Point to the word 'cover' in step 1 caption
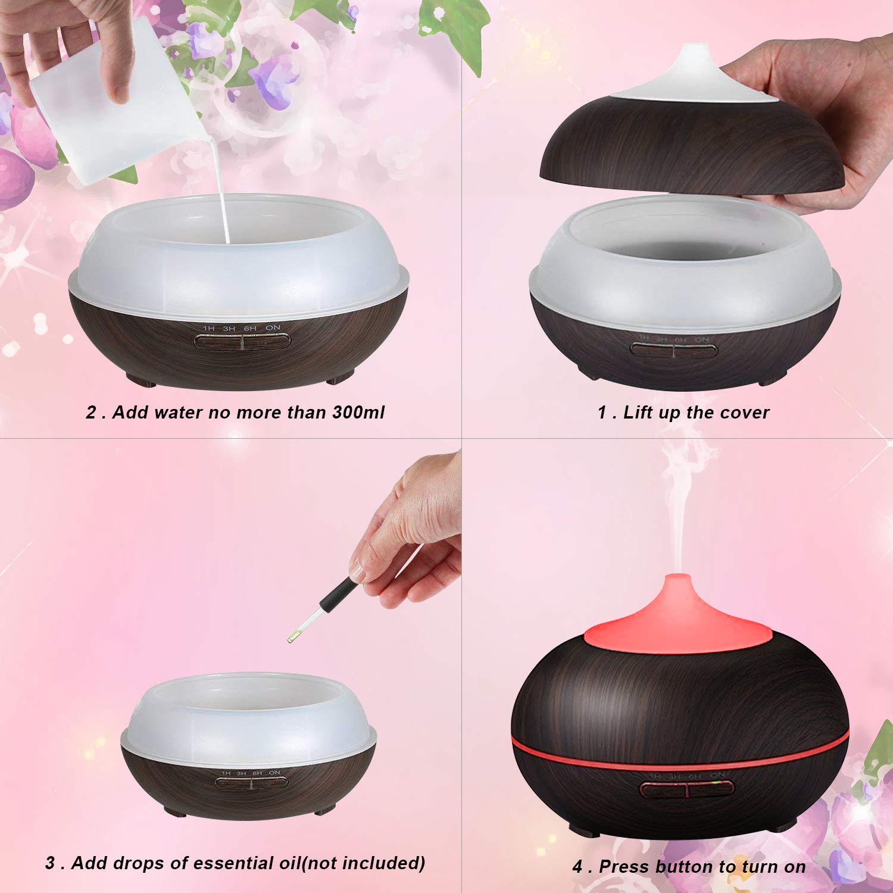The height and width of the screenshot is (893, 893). tap(744, 412)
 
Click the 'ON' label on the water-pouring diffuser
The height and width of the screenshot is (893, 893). tap(273, 328)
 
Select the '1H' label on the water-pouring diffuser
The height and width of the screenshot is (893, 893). tap(208, 328)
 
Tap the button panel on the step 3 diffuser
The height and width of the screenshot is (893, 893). tap(250, 782)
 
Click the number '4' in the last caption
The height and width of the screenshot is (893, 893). tap(577, 867)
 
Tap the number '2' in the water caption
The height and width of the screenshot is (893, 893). tap(91, 412)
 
